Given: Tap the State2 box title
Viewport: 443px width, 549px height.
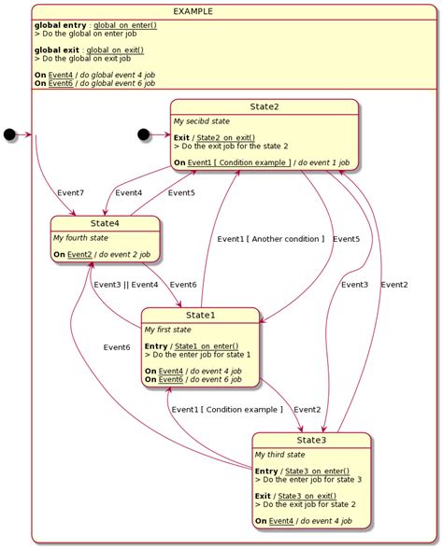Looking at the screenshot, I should point(265,107).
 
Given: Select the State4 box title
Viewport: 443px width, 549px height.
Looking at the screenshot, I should point(106,224).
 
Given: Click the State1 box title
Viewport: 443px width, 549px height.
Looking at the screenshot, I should point(200,316).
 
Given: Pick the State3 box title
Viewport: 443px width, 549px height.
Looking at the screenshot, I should point(311,440).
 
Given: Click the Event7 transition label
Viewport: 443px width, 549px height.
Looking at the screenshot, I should point(70,193).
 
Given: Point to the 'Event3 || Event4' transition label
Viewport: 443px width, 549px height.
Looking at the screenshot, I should point(126,285).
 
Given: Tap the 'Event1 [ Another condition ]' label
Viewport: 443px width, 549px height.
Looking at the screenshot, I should point(271,239).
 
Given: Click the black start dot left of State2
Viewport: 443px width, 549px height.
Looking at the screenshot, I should point(144,134).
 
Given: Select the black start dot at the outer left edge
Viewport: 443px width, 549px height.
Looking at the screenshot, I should point(10,134).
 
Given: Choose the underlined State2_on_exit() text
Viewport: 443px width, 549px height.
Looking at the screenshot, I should point(230,138).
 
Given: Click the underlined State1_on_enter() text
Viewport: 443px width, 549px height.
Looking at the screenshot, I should point(205,346).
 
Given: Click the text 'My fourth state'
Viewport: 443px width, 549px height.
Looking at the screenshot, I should point(80,238).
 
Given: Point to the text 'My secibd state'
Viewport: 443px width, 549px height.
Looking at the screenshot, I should point(202,121).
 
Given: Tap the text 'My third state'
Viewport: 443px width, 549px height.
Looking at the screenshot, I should point(279,454).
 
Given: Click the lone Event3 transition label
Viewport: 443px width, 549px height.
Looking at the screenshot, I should point(354,285).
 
